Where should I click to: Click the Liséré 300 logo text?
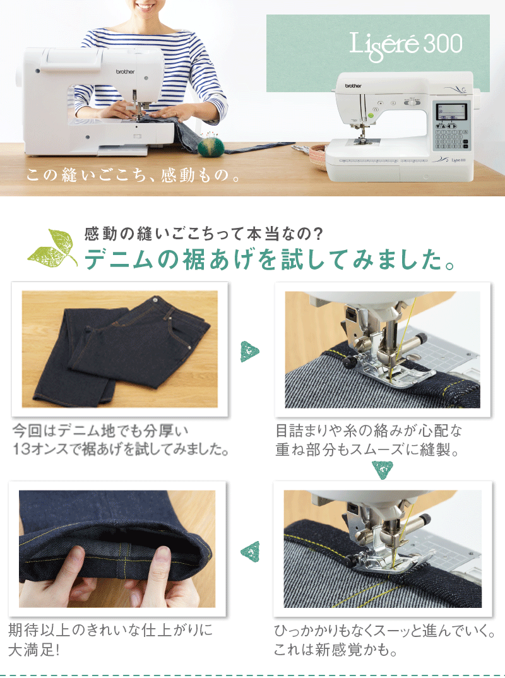(406, 44)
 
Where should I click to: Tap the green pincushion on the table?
(211, 146)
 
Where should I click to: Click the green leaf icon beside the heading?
(53, 248)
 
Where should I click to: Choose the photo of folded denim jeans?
(120, 348)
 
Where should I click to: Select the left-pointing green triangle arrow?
(251, 550)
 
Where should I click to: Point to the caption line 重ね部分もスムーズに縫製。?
(366, 451)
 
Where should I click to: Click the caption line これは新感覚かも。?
(335, 650)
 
